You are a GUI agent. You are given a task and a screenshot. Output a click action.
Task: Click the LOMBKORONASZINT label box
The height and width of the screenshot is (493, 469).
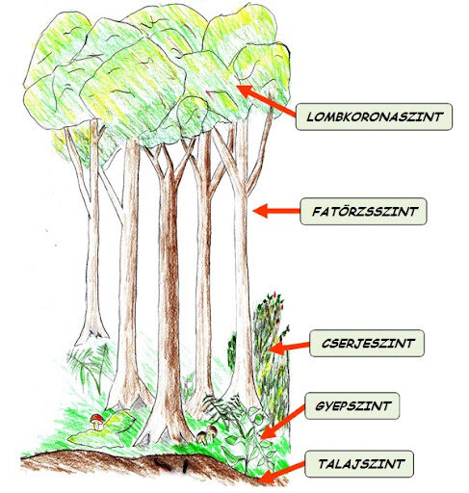374,117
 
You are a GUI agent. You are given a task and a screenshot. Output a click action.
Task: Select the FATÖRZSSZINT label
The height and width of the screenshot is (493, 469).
363,211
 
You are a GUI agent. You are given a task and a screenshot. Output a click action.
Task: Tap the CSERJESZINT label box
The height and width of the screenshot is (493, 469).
367,343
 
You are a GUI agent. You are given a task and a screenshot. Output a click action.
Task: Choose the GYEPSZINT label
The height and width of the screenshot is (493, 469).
352,405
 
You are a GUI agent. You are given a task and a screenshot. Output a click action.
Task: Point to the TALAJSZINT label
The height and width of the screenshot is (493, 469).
359,464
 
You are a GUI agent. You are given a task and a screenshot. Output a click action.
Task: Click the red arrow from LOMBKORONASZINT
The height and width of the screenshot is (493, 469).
266,100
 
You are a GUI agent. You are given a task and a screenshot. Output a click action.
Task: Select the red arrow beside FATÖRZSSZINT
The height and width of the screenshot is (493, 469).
276,211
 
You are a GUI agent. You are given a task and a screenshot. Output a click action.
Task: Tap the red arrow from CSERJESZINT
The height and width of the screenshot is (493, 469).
290,348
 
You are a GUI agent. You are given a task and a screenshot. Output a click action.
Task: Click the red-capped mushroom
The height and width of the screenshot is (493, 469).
96,422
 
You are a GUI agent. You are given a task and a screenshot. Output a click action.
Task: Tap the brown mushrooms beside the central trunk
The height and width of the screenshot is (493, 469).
206,435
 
